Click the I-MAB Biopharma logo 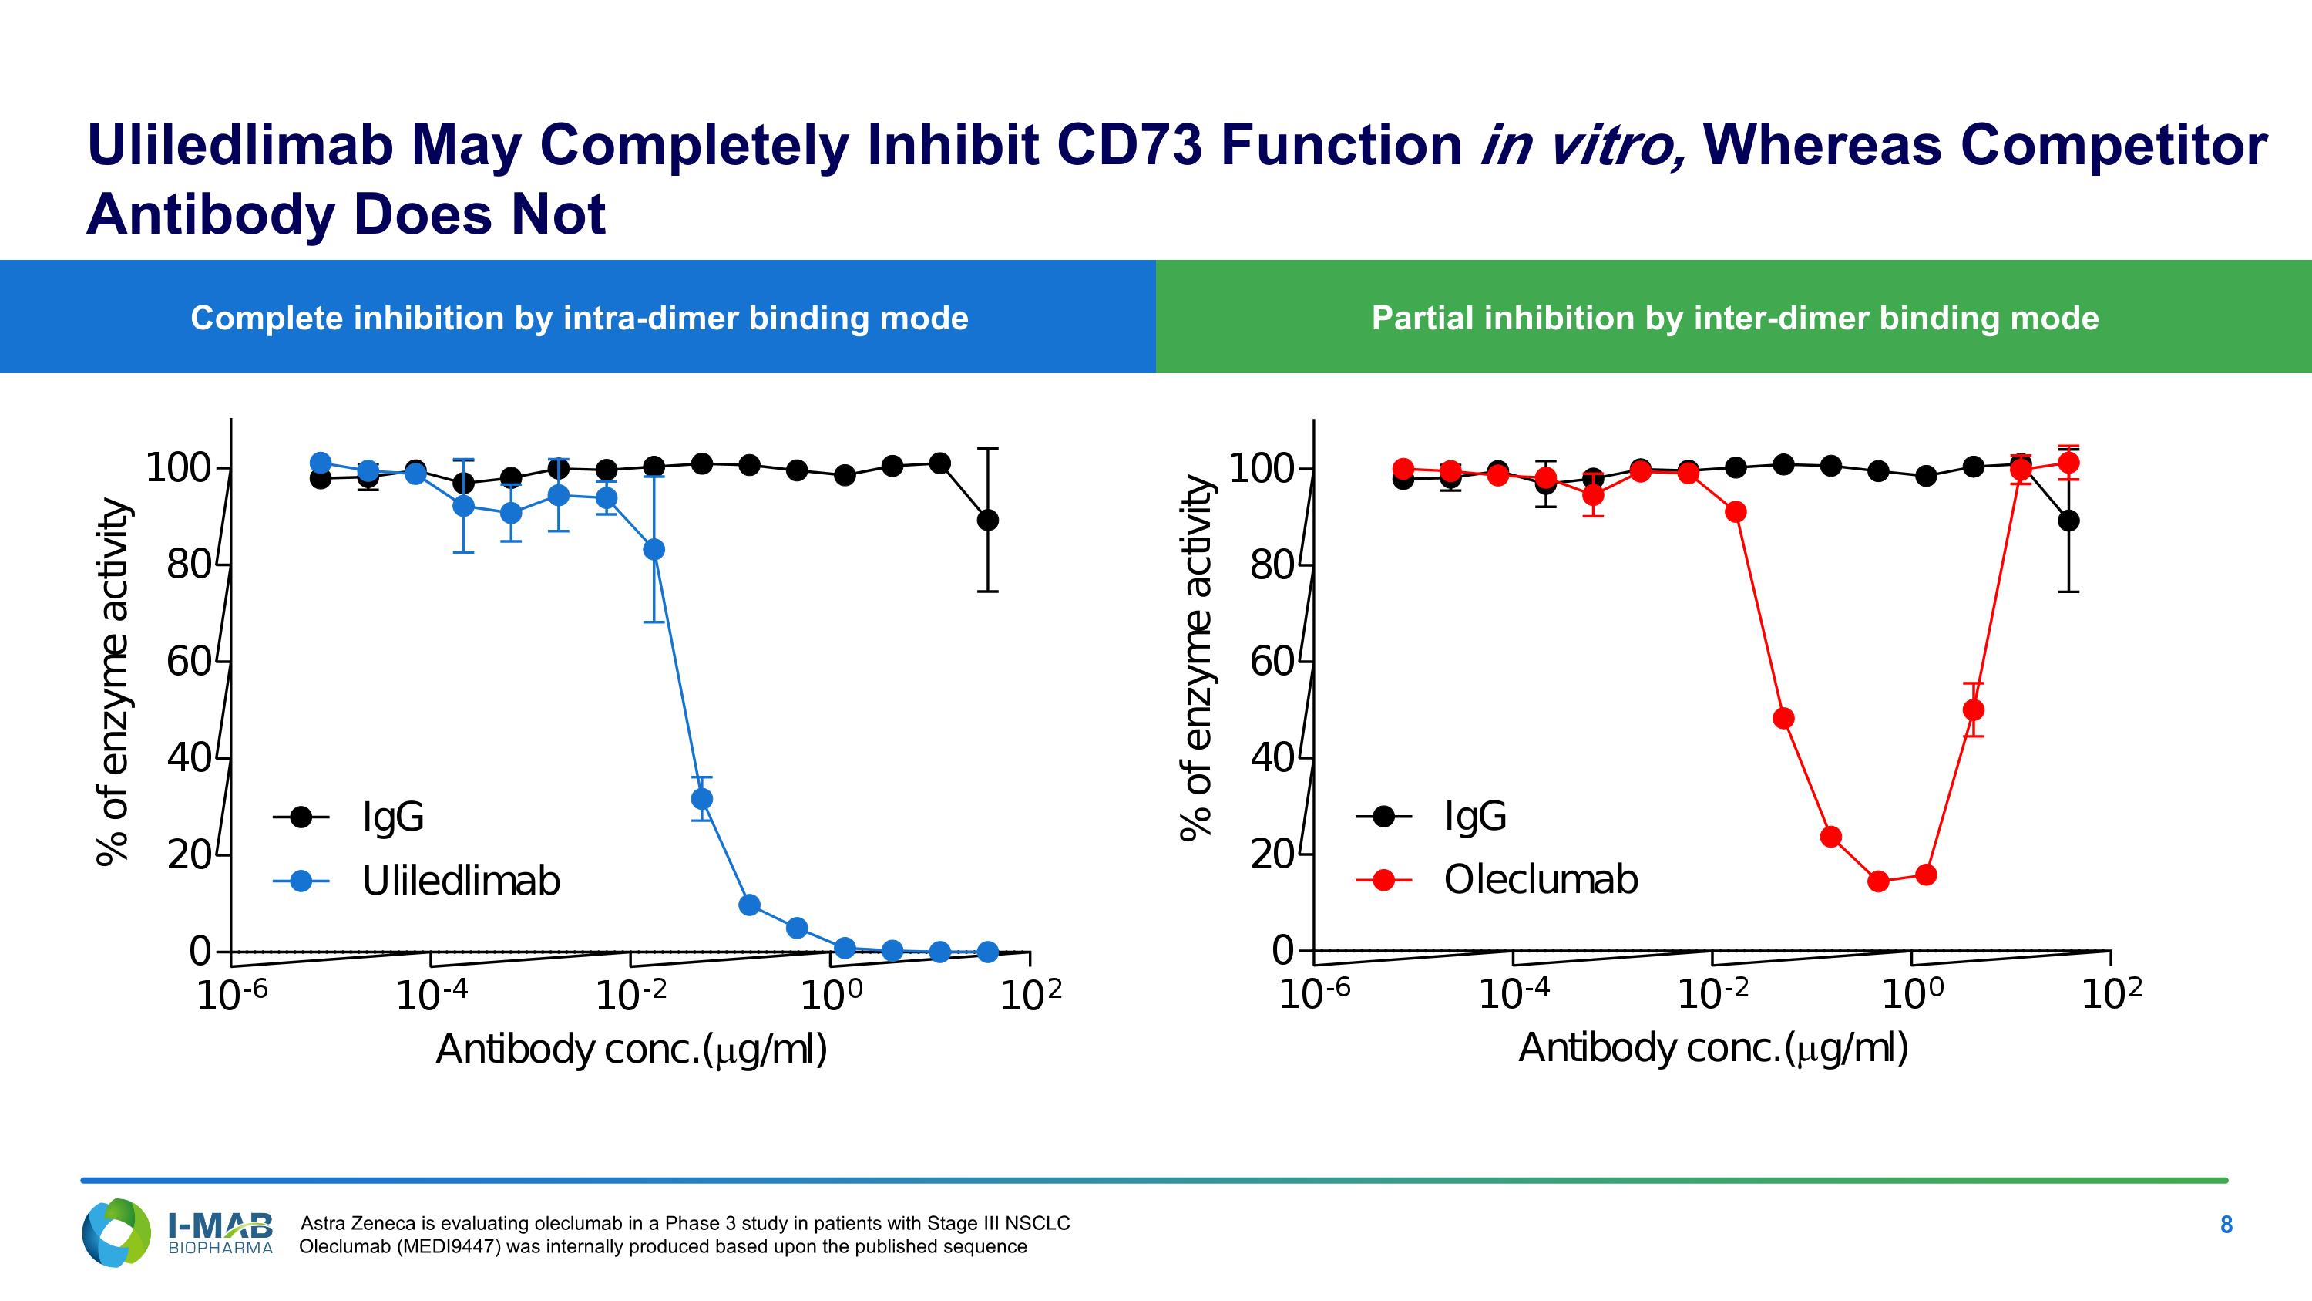tap(178, 1233)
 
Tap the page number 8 tap(2226, 1225)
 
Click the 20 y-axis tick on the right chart tap(1272, 854)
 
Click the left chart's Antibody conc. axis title tap(631, 1050)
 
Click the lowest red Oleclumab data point tap(1879, 881)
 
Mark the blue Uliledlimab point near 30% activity tap(702, 798)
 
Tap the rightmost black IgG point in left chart tap(987, 520)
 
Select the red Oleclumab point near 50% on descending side tap(1783, 718)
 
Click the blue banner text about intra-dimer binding tap(579, 318)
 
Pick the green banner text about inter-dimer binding tap(1735, 318)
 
